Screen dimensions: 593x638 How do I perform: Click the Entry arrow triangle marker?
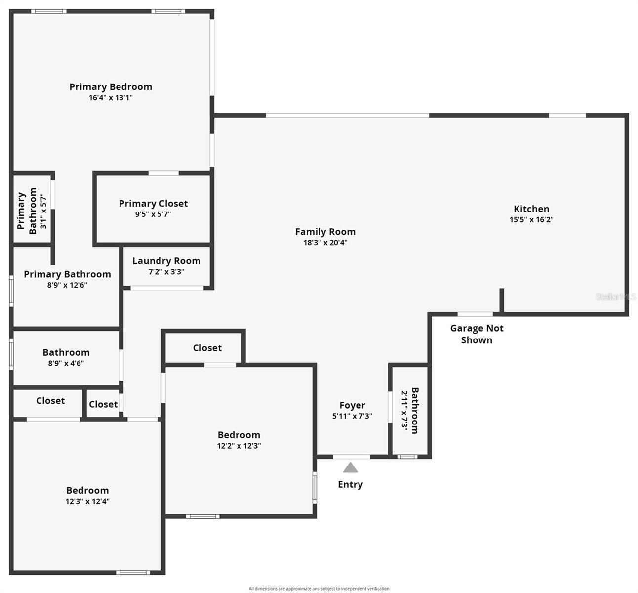(350, 467)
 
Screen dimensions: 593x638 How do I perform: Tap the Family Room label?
(325, 232)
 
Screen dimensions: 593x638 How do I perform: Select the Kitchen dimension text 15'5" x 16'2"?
(531, 220)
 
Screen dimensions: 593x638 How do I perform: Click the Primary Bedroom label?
(111, 87)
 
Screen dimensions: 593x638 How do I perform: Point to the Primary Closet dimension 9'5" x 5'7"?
(153, 214)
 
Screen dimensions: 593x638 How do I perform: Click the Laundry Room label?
(166, 261)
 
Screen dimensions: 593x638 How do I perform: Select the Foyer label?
(352, 405)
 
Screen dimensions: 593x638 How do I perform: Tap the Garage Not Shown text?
(477, 334)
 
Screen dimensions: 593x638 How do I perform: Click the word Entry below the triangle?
(350, 485)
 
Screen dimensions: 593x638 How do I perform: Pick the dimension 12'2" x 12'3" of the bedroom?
(239, 446)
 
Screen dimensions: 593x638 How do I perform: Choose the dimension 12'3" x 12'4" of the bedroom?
(87, 501)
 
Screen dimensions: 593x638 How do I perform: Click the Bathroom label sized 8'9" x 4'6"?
(66, 352)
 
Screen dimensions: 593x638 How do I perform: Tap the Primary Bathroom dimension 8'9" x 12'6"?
(67, 285)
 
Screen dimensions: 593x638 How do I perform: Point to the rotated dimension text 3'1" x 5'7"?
(43, 212)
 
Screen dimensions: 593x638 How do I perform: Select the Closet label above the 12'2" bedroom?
(207, 348)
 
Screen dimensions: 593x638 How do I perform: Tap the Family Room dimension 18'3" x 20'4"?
(325, 243)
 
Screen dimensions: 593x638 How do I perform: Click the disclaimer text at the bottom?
(319, 589)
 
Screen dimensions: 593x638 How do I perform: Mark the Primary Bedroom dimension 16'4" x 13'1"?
(111, 98)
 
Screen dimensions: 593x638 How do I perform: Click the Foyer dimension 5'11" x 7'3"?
(352, 416)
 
